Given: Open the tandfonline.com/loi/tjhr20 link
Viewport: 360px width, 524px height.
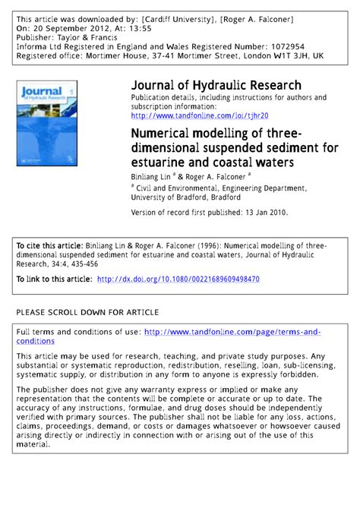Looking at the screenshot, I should [200, 116].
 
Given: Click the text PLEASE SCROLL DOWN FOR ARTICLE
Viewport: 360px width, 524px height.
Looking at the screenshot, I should [87, 312].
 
